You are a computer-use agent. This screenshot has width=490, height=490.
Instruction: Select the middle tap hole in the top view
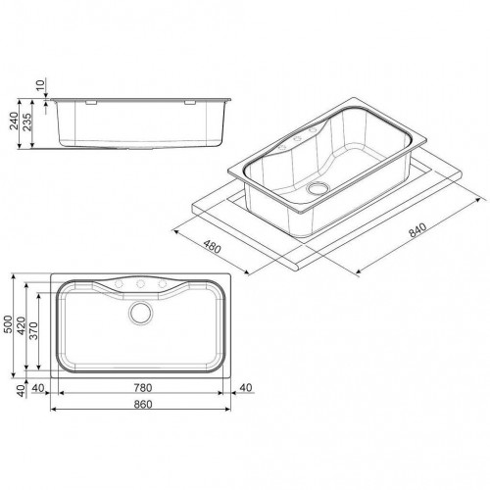(x=140, y=285)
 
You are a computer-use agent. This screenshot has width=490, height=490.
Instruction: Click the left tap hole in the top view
(x=122, y=285)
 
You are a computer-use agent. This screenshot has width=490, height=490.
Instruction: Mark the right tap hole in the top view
(x=159, y=285)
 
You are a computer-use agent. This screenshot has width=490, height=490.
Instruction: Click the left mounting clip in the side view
(x=86, y=100)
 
